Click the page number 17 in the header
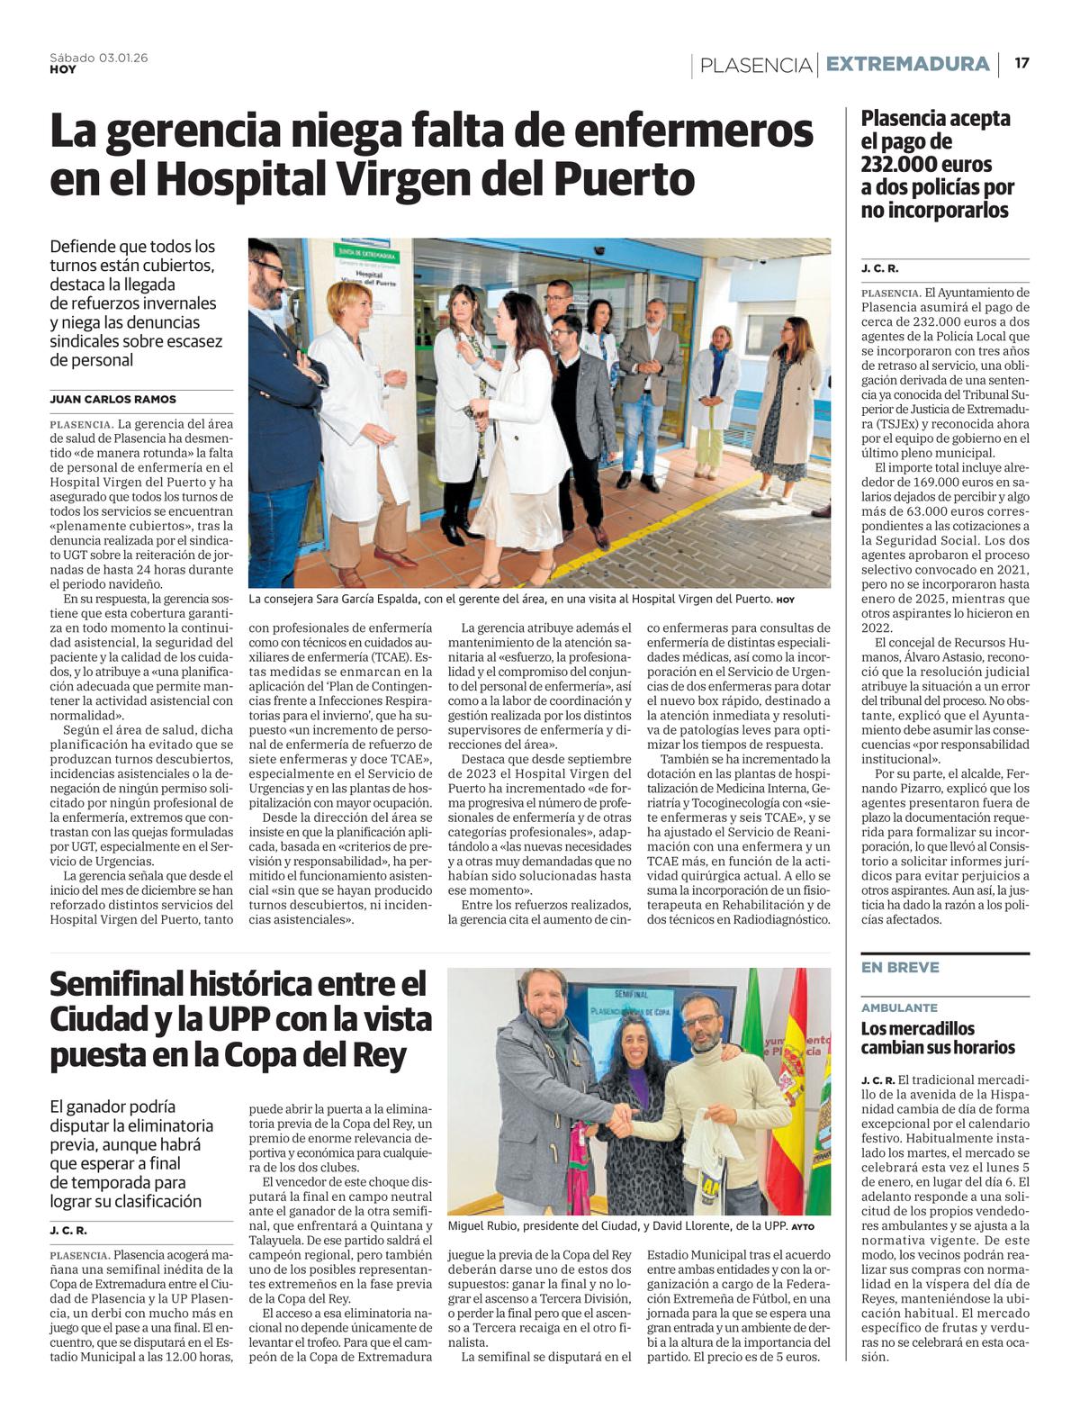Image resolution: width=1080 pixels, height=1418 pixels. coord(1021,63)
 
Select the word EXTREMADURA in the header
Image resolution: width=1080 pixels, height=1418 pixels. coord(907,64)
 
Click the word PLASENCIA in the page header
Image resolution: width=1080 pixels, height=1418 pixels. coord(756,65)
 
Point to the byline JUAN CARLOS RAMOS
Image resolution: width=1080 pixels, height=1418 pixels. coord(113,399)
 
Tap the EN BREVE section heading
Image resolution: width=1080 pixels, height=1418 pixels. coord(900,967)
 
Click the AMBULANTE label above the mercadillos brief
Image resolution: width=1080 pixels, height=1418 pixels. coord(899,1007)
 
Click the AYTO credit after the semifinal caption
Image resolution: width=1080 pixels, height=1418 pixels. coord(803,1226)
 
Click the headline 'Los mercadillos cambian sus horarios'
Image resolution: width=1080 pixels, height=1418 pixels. coord(938,1037)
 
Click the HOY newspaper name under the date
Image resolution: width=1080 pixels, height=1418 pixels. coord(63,69)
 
